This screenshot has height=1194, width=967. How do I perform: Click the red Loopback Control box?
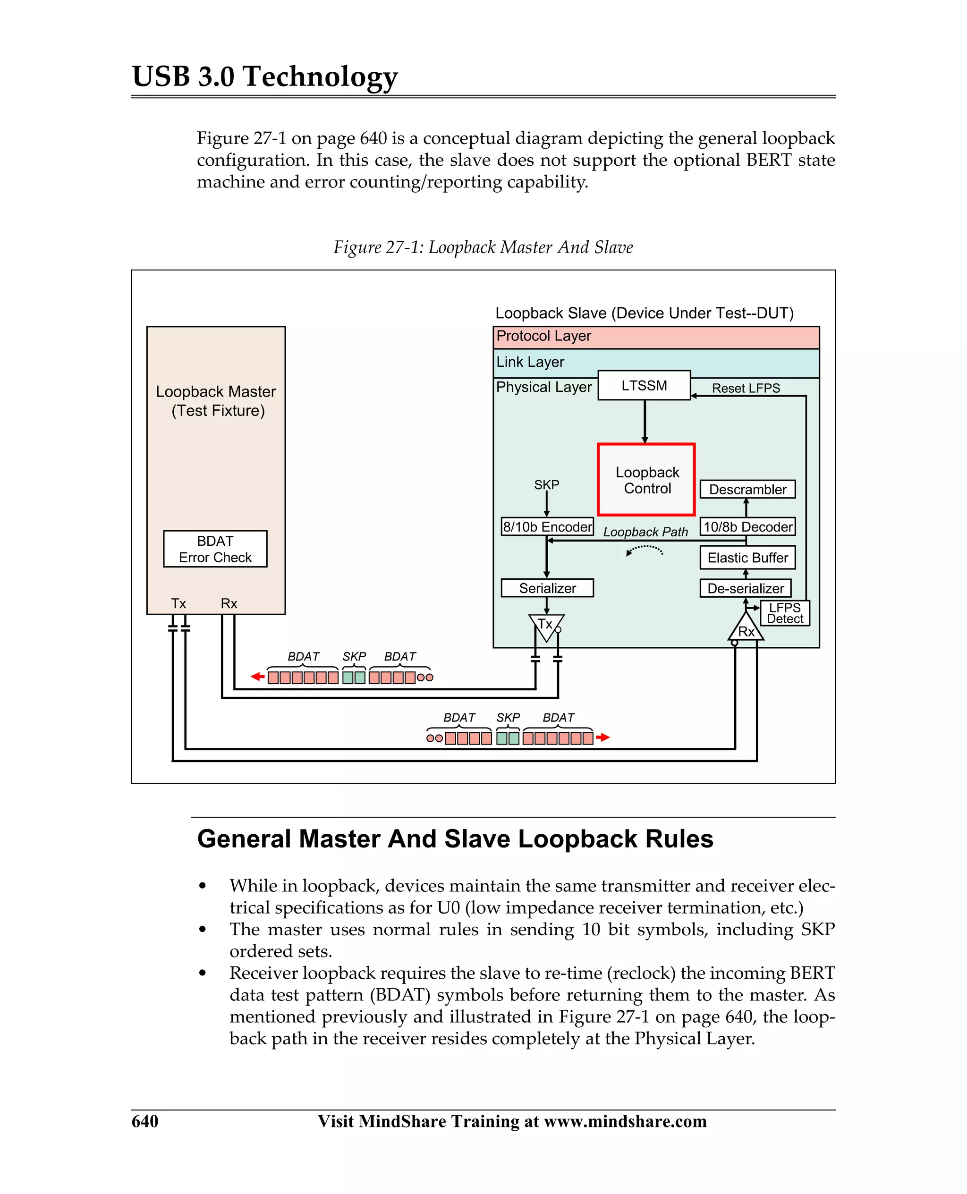pyautogui.click(x=646, y=480)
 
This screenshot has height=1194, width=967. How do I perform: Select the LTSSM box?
pyautogui.click(x=644, y=385)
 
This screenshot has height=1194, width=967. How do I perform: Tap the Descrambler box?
pyautogui.click(x=747, y=489)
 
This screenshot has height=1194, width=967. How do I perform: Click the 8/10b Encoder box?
pyautogui.click(x=547, y=526)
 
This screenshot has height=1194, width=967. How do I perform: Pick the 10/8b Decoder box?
pyautogui.click(x=747, y=526)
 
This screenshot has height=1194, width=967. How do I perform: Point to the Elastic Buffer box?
pyautogui.click(x=747, y=558)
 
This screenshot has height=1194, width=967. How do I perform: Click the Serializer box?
pyautogui.click(x=547, y=588)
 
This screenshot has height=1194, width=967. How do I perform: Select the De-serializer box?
pyautogui.click(x=745, y=588)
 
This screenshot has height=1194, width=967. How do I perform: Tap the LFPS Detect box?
pyautogui.click(x=784, y=613)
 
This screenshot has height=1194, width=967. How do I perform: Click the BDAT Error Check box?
pyautogui.click(x=215, y=549)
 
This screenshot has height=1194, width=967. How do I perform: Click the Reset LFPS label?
pyautogui.click(x=746, y=388)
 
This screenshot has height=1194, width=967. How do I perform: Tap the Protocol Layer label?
pyautogui.click(x=543, y=336)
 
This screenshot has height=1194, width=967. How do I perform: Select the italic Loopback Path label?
pyautogui.click(x=645, y=532)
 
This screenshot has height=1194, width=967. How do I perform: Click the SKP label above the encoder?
pyautogui.click(x=546, y=484)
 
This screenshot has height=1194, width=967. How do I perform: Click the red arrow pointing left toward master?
pyautogui.click(x=257, y=677)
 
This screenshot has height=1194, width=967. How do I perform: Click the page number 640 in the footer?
pyautogui.click(x=145, y=1121)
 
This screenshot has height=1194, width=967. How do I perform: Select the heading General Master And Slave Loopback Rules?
pyautogui.click(x=455, y=838)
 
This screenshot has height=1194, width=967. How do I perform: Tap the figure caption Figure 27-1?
pyautogui.click(x=483, y=247)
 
